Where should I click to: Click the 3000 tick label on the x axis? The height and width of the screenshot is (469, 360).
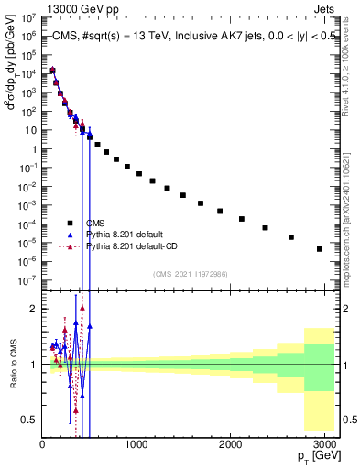[325, 445]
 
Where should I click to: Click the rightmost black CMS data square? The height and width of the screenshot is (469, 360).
[320, 248]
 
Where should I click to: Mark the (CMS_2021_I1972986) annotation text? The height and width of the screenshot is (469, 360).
[190, 274]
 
